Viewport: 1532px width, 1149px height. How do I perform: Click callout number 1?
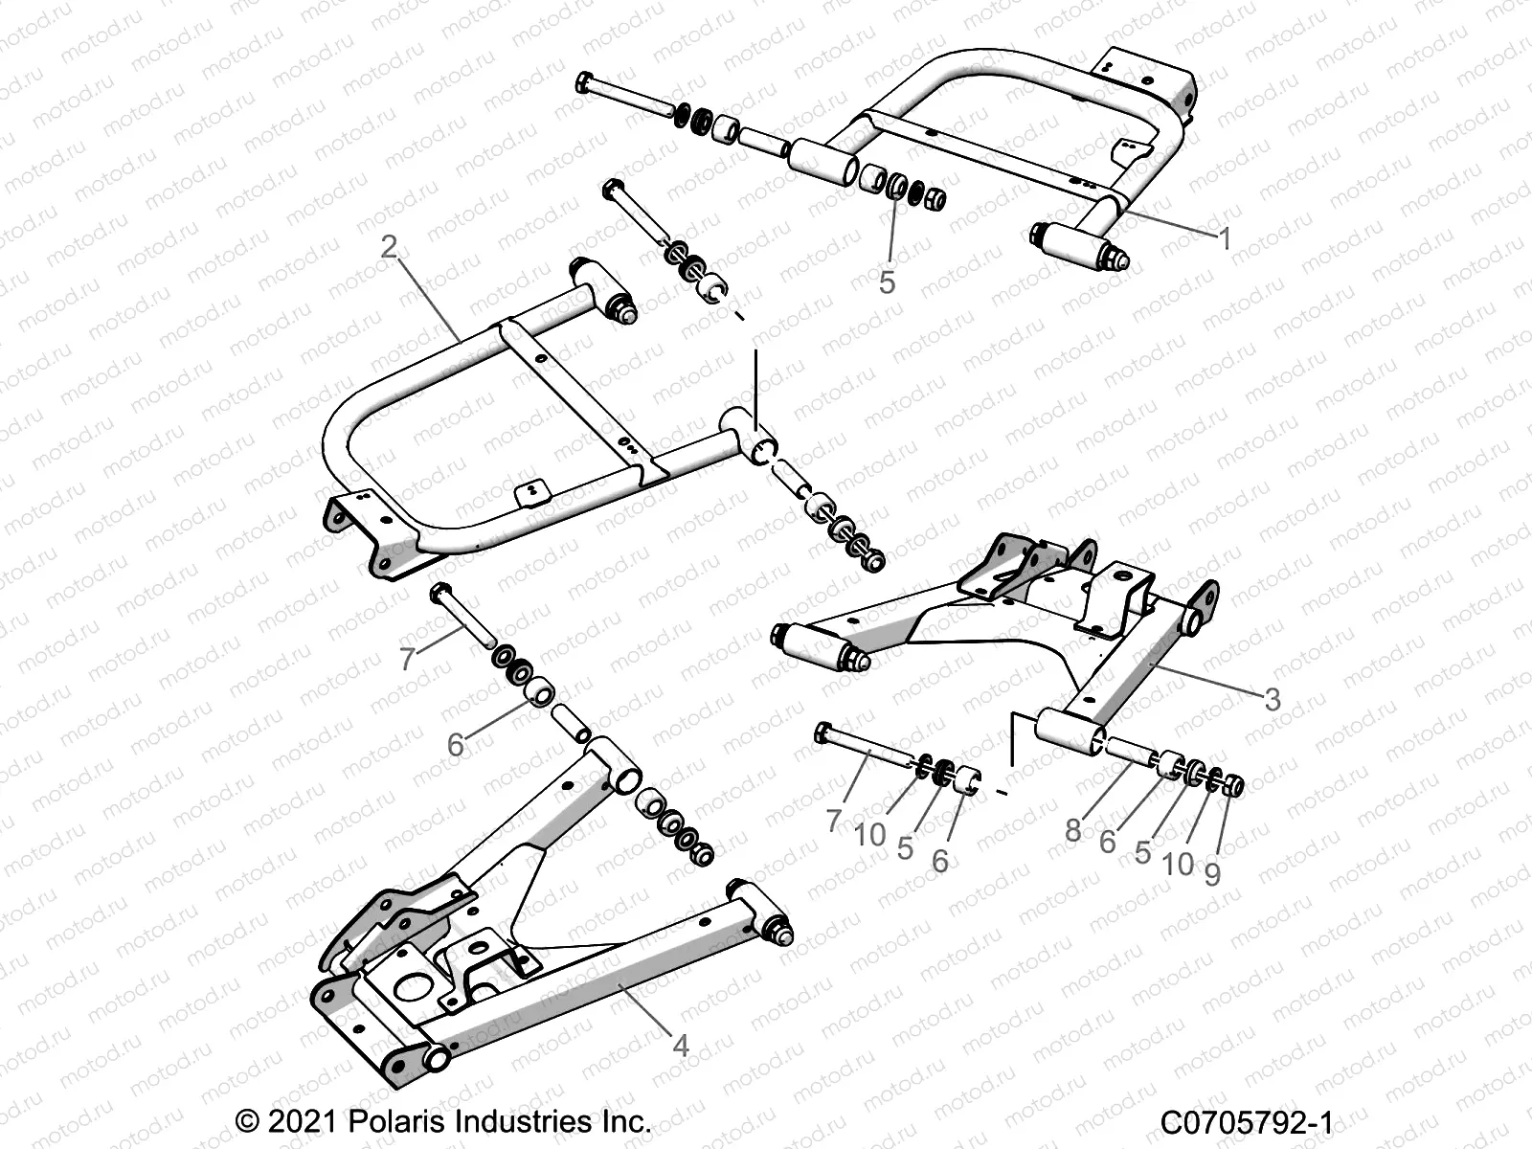coord(1223,237)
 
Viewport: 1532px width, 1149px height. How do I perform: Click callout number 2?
coord(389,247)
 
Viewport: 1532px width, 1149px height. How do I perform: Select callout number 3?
coord(1272,699)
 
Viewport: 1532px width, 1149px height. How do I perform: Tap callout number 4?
coord(681,1046)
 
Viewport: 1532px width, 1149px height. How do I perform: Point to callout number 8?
coord(1072,829)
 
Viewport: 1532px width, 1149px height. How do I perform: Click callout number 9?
coord(1212,873)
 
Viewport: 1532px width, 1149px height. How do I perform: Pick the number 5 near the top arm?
coord(887,282)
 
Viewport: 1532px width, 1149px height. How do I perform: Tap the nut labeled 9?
coord(1233,786)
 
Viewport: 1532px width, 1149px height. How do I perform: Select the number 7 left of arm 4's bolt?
coord(407,659)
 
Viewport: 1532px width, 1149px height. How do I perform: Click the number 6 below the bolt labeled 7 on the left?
coord(456,744)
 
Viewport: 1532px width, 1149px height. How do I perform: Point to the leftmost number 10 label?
coord(869,835)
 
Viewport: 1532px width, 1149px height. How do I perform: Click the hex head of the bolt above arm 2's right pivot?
coord(613,188)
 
